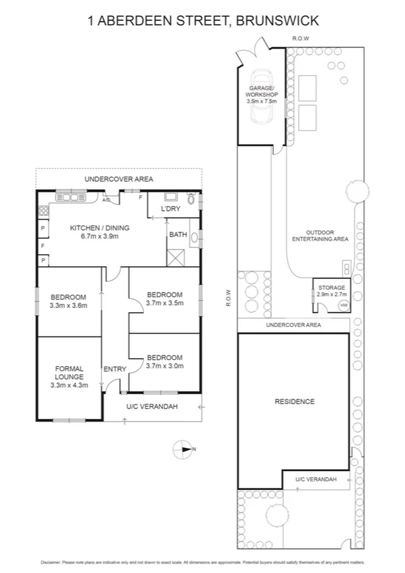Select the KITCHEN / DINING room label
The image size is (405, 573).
[x=99, y=228]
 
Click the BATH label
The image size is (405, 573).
[x=178, y=235]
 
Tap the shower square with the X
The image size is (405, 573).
[x=178, y=256]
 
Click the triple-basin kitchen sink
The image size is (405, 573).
[x=70, y=197]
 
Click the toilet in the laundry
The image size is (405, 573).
[x=191, y=200]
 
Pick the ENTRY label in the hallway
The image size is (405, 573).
[x=114, y=369]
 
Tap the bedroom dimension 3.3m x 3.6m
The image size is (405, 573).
[x=68, y=305]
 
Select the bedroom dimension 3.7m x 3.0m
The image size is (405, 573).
[x=165, y=367]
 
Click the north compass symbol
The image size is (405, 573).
[x=183, y=449]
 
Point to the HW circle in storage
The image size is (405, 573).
[x=343, y=305]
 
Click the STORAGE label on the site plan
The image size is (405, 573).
[x=331, y=288]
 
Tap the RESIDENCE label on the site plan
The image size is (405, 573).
[x=294, y=401]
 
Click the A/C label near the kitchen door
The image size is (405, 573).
[x=106, y=200]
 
